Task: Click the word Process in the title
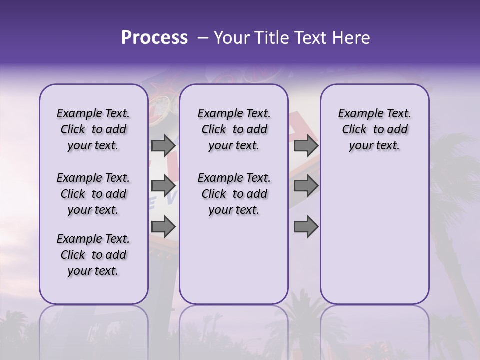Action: (154, 38)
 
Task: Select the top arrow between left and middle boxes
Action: (163, 146)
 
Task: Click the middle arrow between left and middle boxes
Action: (163, 186)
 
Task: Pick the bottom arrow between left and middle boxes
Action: (163, 227)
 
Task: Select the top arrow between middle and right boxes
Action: (306, 146)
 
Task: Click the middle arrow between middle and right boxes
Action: (306, 186)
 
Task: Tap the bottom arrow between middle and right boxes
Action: (306, 227)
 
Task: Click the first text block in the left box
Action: (93, 130)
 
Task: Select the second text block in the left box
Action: (93, 194)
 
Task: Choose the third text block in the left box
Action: (93, 255)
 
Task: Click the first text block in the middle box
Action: (234, 130)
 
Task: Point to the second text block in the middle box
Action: (234, 194)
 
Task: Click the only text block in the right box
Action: (374, 130)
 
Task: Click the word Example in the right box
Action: (357, 114)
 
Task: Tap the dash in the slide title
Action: (203, 38)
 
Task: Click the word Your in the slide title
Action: (231, 38)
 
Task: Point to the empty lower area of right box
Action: (374, 235)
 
